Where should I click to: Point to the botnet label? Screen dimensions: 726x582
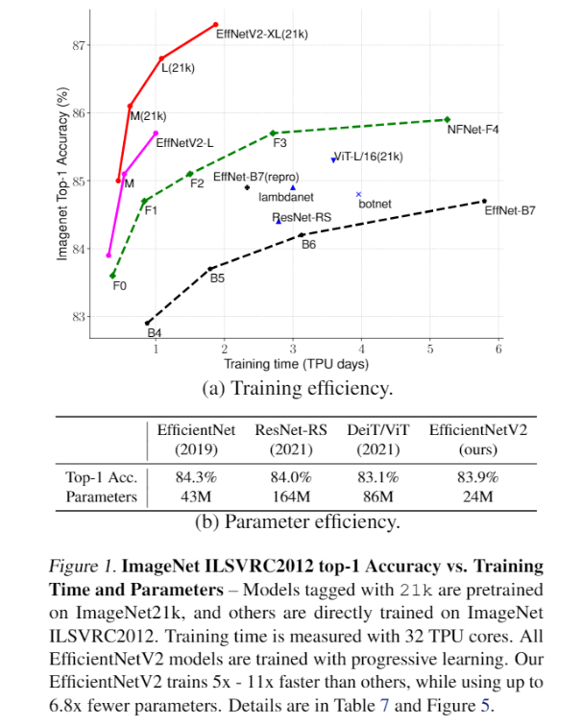[x=375, y=204]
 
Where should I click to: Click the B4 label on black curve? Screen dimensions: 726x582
[x=154, y=333]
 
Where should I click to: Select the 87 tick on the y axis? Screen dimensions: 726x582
[x=80, y=44]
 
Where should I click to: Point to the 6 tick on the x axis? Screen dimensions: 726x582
[x=498, y=350]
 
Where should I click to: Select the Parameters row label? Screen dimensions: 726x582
[x=102, y=497]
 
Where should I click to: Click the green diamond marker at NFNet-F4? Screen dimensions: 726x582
[x=448, y=119]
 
